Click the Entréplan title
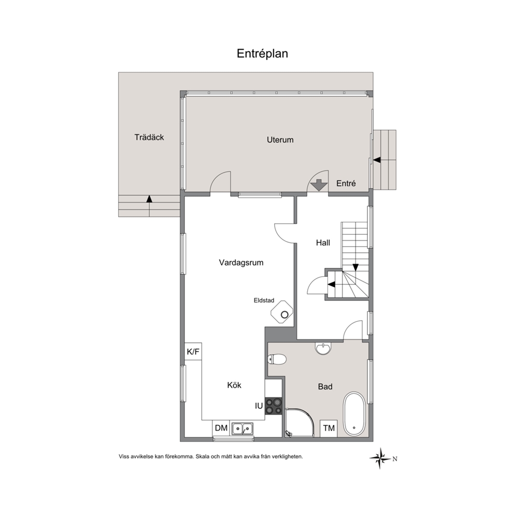coord(262,54)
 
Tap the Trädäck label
coord(149,137)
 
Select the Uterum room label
coord(280,140)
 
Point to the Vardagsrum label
coord(241,263)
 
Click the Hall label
coord(323,242)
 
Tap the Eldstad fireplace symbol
coord(282,312)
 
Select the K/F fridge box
coord(193,352)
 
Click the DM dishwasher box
coord(221,428)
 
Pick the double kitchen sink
coord(242,429)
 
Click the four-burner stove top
coord(274,406)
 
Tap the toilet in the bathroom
coord(277,359)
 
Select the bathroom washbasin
coord(323,348)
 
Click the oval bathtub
coord(354,415)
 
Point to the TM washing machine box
coord(329,428)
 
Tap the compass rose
coord(381,458)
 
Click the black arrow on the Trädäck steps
coord(149,198)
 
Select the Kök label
coord(234,385)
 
